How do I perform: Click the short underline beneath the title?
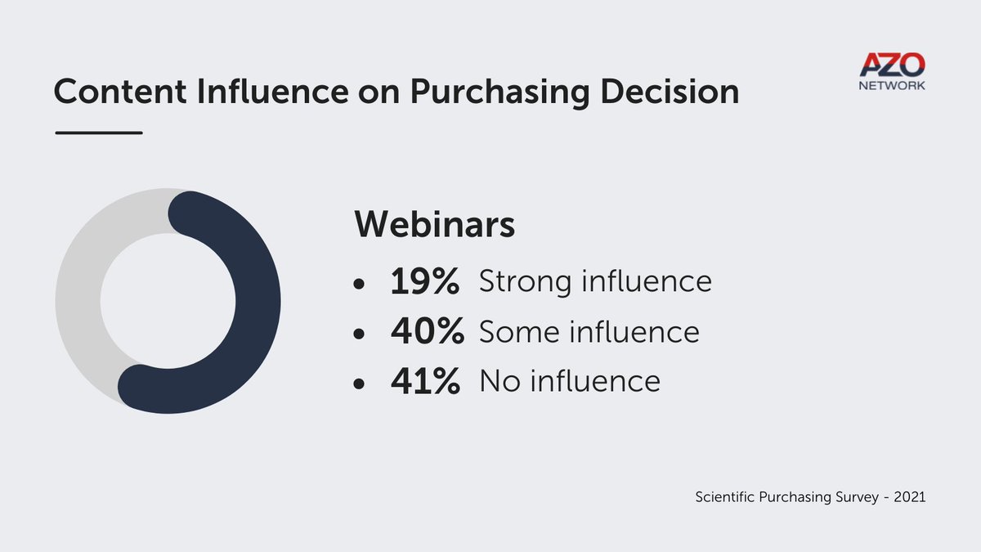98,132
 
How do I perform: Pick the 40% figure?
427,332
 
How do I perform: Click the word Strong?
523,283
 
